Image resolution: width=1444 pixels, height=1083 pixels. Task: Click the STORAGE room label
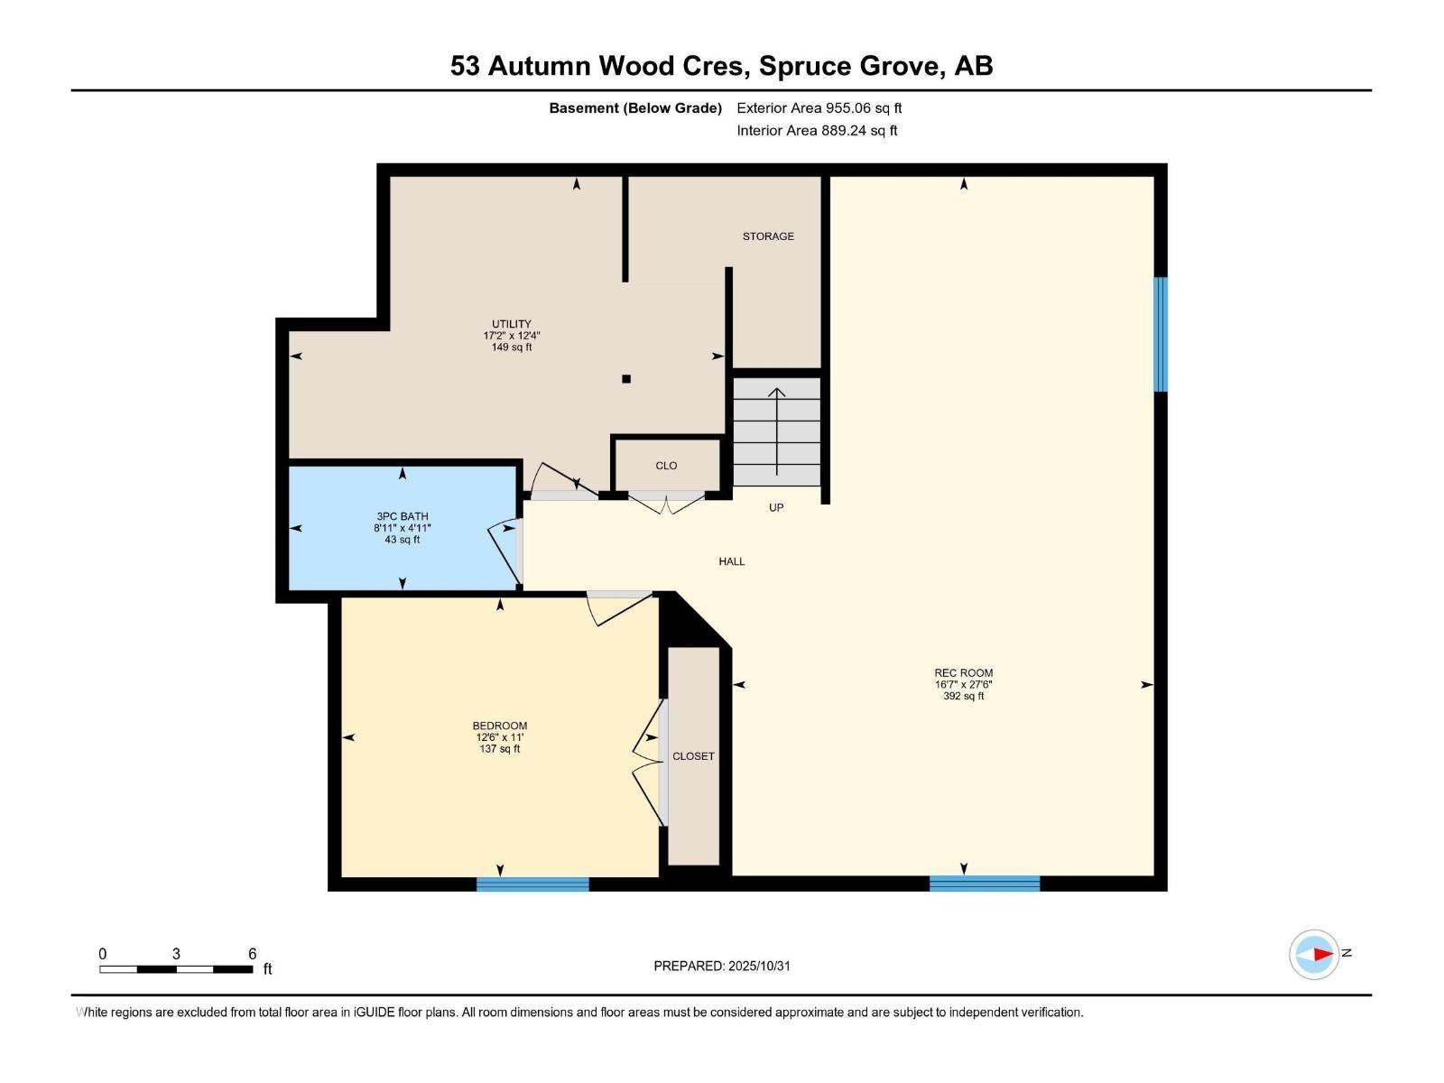[x=768, y=236]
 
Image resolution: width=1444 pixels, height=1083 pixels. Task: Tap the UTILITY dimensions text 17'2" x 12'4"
[x=512, y=336]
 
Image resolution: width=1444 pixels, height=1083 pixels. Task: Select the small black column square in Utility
[x=626, y=379]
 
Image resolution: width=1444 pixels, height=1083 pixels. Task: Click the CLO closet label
[x=666, y=466]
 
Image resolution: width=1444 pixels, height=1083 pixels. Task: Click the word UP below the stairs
[x=776, y=508]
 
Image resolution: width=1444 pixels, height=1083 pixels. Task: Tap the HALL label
[x=732, y=561]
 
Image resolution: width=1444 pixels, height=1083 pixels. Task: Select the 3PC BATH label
[x=403, y=517]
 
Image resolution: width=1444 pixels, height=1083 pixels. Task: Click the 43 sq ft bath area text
[x=403, y=540]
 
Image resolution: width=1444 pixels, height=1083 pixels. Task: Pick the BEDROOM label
[x=500, y=726]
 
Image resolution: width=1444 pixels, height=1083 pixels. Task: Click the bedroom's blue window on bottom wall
[x=532, y=884]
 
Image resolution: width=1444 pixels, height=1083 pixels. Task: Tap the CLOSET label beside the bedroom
[x=693, y=756]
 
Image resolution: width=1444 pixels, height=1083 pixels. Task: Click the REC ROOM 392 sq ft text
[x=963, y=696]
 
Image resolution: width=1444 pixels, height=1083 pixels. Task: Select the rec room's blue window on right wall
[x=1161, y=334]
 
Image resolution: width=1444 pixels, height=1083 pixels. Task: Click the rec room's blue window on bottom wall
[x=985, y=884]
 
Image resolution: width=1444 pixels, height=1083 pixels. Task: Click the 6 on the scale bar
[x=253, y=954]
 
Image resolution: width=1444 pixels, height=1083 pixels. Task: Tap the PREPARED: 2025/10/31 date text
[x=722, y=966]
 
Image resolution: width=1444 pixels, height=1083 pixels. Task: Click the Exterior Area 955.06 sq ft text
[x=819, y=108]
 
